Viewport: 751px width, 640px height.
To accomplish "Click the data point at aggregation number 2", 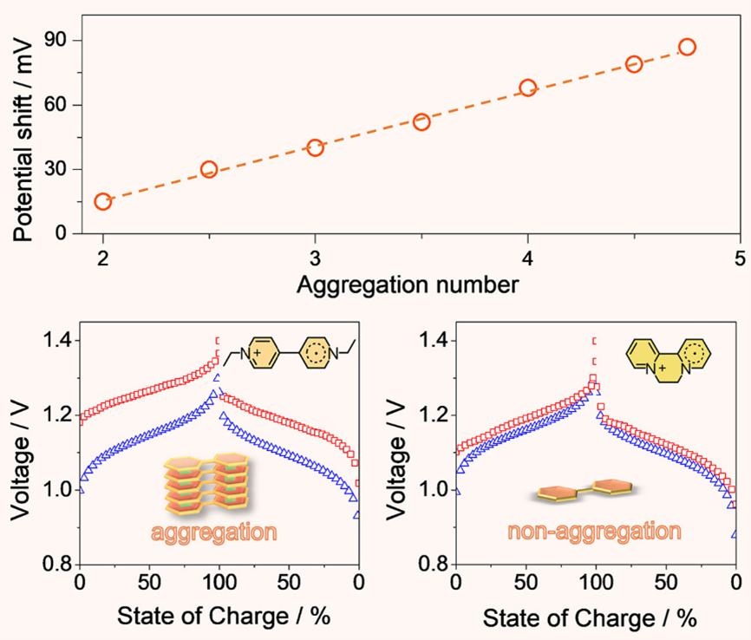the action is tap(103, 202).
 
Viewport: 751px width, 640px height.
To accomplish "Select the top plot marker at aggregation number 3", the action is tap(315, 147).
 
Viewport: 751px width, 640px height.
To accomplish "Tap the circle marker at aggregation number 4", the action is tap(528, 88).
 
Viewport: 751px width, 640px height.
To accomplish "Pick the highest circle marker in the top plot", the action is tap(688, 47).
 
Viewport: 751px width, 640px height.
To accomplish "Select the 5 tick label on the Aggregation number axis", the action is tap(741, 258).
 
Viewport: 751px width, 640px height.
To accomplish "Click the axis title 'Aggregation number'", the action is tap(408, 285).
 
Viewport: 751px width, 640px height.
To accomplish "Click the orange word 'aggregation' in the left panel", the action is tap(214, 532).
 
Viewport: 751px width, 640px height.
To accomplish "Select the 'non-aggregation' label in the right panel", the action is tap(594, 532).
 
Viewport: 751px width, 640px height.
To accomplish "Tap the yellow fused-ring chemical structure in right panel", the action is tap(669, 361).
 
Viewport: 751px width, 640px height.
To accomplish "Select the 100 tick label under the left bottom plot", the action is tap(220, 583).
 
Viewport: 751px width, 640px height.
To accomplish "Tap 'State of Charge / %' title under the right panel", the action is tap(590, 618).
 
